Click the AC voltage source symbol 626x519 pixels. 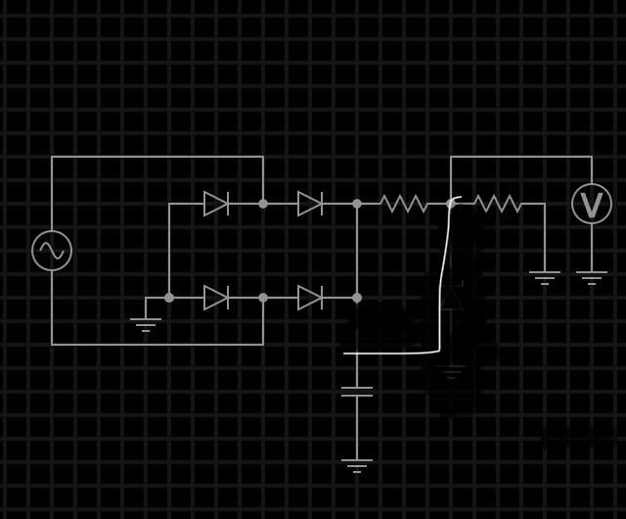(x=52, y=251)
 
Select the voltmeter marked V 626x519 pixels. (x=592, y=204)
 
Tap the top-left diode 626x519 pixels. (x=216, y=204)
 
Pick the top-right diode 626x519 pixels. (x=310, y=204)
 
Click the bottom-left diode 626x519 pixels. (x=216, y=298)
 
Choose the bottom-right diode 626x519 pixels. (x=310, y=298)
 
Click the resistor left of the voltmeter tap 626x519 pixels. (x=404, y=204)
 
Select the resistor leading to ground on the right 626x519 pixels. (x=498, y=204)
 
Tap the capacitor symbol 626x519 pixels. (x=357, y=392)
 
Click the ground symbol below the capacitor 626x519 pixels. (x=357, y=464)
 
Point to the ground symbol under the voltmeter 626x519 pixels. (x=592, y=276)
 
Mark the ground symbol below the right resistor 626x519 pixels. (x=545, y=276)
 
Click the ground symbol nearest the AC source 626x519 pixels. (x=146, y=323)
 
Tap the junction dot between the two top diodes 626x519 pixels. (x=263, y=204)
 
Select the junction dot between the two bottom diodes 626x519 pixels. (x=263, y=298)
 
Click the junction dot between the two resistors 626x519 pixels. (x=451, y=204)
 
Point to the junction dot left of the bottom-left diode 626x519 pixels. (x=169, y=298)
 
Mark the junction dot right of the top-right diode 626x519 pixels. (x=357, y=204)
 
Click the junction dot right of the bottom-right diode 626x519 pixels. (x=357, y=298)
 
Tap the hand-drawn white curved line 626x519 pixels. (x=442, y=284)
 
